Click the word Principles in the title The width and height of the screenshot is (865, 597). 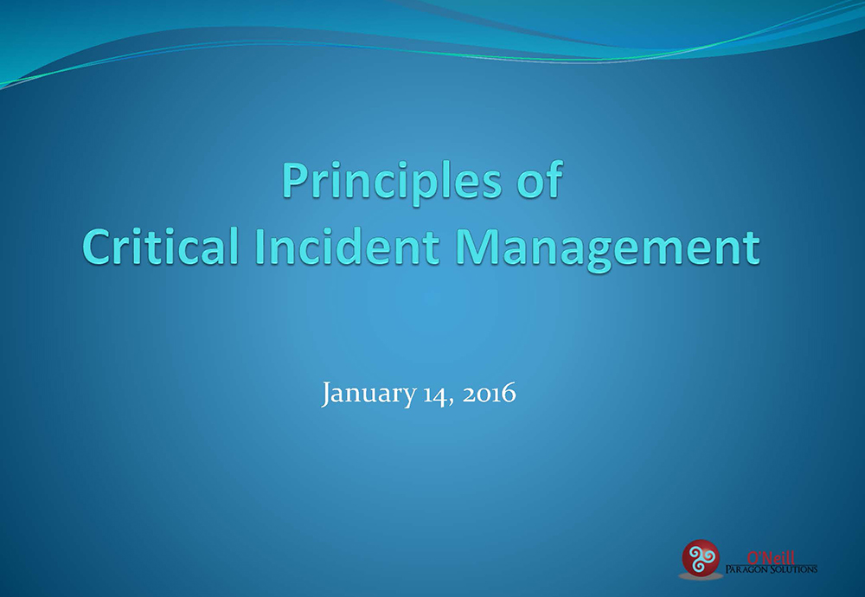point(392,182)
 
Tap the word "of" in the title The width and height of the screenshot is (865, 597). point(540,179)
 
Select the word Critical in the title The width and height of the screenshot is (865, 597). point(160,246)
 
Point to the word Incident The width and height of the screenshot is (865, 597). point(347,246)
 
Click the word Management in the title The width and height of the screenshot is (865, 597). point(607,249)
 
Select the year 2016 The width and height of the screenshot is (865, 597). point(490,394)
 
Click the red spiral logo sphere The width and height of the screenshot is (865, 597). point(701,558)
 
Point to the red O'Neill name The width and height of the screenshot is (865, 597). point(771,558)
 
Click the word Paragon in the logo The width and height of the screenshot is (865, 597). point(747,568)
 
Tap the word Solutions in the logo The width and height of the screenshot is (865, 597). point(794,568)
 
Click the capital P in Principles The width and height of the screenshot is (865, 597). point(294,180)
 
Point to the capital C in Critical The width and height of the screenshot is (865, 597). point(97,247)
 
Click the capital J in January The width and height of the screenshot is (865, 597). point(327,395)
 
